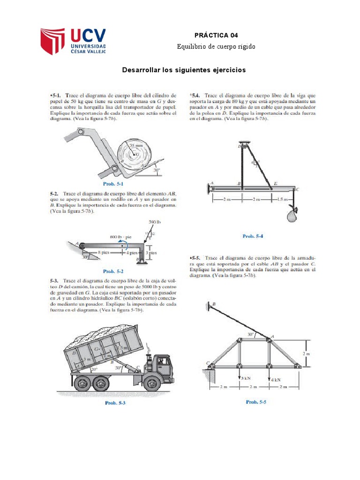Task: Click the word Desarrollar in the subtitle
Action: [141, 70]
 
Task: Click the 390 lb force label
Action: [155, 222]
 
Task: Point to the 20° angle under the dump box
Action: [94, 369]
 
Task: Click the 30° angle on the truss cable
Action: [251, 334]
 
